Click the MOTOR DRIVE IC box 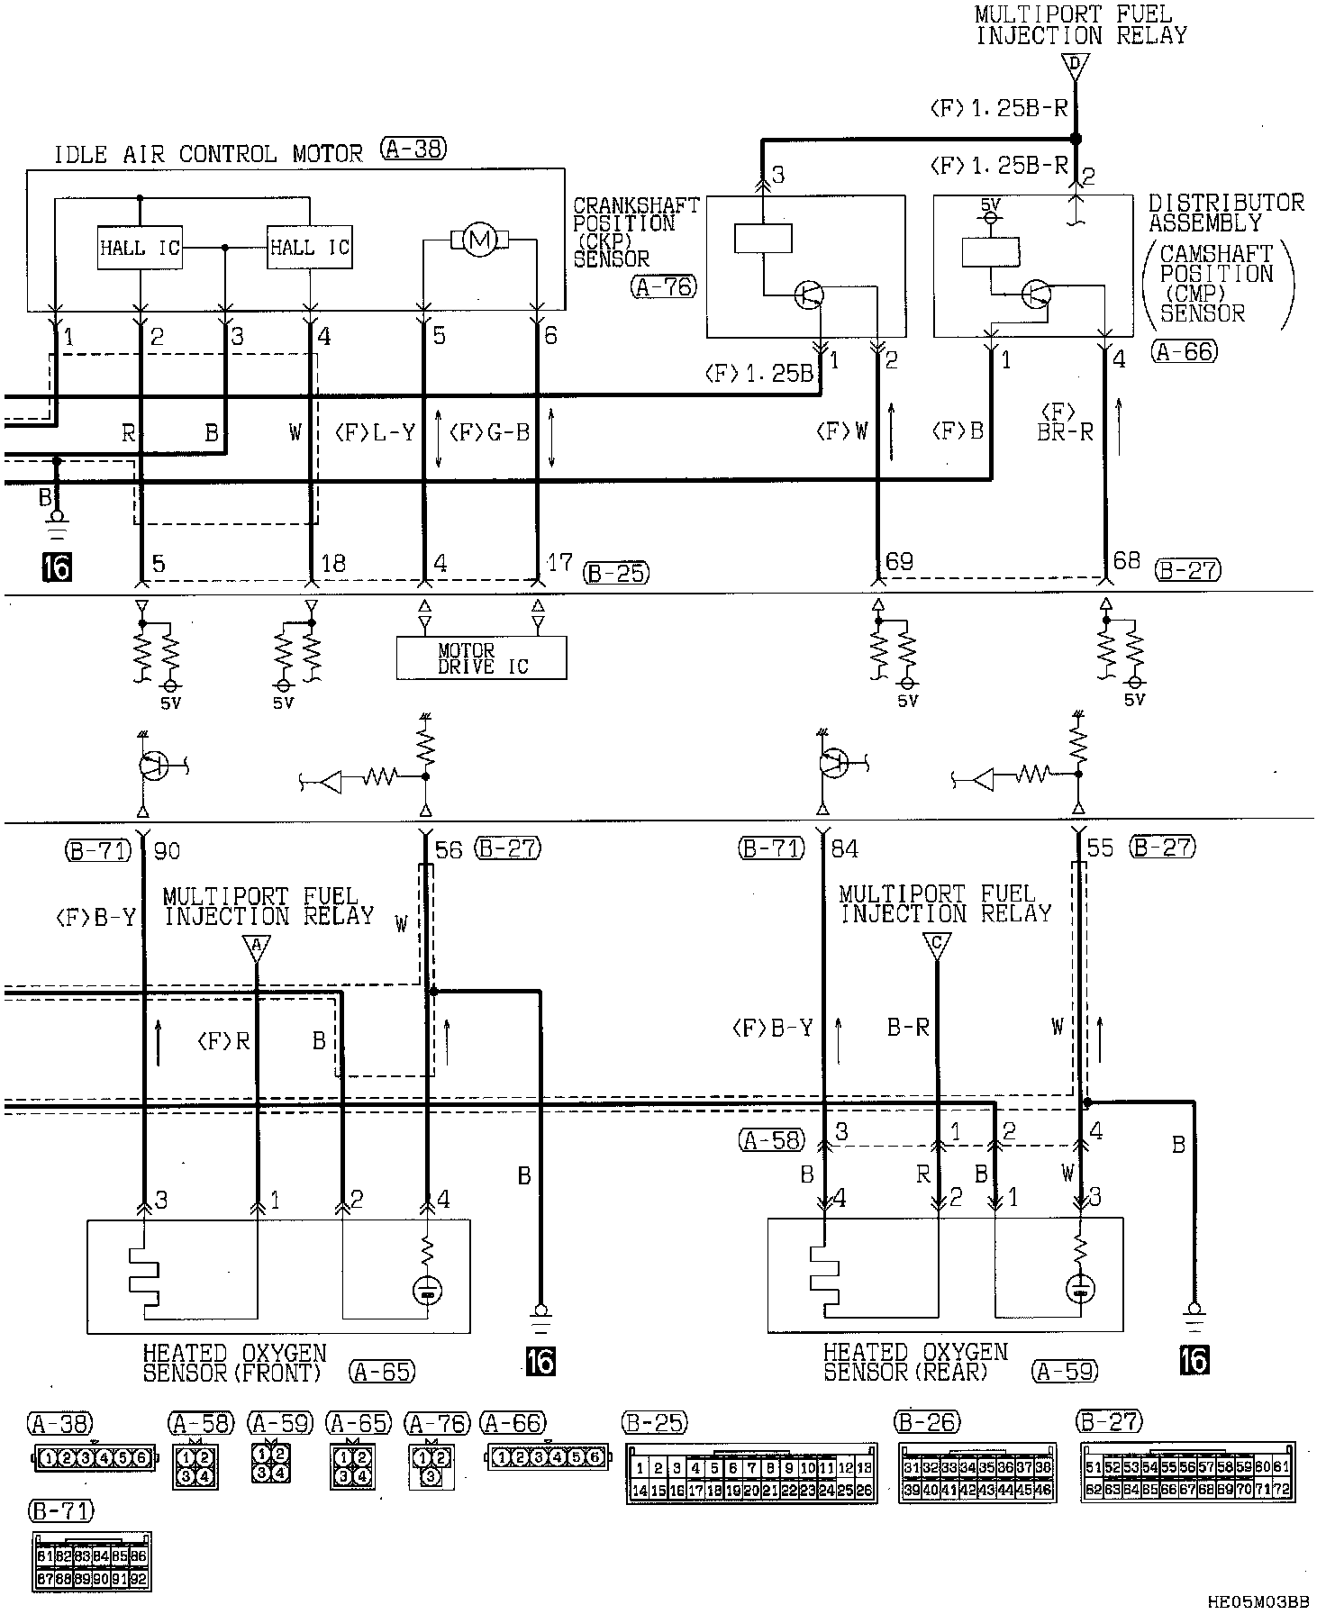pos(481,658)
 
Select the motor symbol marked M pos(479,240)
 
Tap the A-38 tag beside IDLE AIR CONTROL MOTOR pos(413,150)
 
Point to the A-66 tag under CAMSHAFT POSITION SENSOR pos(1184,352)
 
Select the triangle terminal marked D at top pos(1074,65)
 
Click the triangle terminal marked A pos(257,947)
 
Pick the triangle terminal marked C pos(937,945)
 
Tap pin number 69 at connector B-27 pos(899,563)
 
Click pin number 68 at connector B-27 pos(1127,561)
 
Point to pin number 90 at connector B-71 pos(167,849)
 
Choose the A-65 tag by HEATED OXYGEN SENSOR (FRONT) pos(382,1372)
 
